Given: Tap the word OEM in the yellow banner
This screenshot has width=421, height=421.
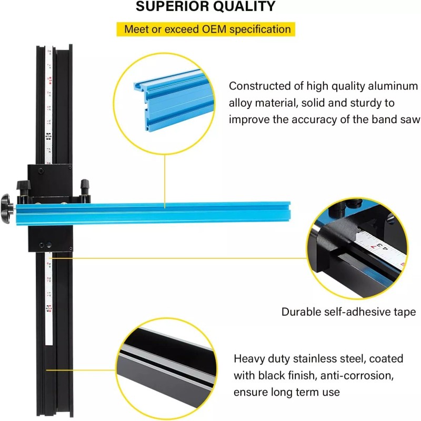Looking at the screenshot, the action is pyautogui.click(x=212, y=29).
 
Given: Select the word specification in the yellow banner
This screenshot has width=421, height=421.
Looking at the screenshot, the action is pyautogui.click(x=260, y=29).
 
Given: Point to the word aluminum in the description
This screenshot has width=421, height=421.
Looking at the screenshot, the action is pyautogui.click(x=393, y=86).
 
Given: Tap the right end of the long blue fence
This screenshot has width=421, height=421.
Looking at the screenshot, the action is pyautogui.click(x=290, y=212).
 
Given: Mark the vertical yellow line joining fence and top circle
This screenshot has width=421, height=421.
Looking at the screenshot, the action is pyautogui.click(x=165, y=181).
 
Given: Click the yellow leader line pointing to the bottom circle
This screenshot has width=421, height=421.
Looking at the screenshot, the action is pyautogui.click(x=82, y=370).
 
